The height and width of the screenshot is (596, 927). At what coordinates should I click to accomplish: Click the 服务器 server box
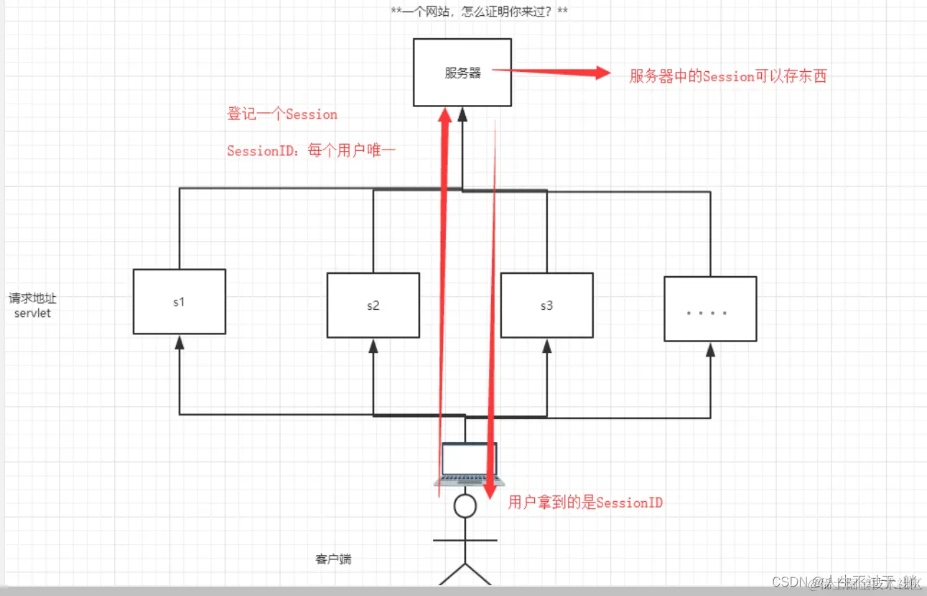(x=462, y=73)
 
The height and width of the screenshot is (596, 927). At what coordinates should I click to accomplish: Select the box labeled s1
(x=180, y=301)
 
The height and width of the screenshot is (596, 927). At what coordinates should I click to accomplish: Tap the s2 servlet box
(x=373, y=306)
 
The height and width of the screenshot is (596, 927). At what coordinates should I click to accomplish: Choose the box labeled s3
(x=546, y=306)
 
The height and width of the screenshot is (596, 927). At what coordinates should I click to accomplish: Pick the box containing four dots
(x=710, y=308)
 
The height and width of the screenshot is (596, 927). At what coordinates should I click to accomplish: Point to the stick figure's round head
(x=465, y=506)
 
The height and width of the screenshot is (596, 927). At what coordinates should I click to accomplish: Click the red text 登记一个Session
(x=282, y=114)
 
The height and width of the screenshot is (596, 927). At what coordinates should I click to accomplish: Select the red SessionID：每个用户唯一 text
(x=312, y=150)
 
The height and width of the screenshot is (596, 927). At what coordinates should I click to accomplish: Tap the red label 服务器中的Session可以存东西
(x=728, y=76)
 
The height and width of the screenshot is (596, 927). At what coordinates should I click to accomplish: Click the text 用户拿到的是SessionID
(x=585, y=503)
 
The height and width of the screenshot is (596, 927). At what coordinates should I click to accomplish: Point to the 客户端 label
(x=333, y=559)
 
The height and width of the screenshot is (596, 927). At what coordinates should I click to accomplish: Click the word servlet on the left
(x=32, y=313)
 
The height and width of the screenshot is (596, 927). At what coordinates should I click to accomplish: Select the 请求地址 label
(x=32, y=298)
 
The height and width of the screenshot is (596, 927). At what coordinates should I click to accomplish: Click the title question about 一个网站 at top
(x=479, y=12)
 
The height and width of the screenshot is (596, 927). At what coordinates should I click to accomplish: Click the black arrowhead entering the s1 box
(x=180, y=343)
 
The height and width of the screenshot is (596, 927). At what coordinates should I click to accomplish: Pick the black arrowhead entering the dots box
(x=710, y=349)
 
